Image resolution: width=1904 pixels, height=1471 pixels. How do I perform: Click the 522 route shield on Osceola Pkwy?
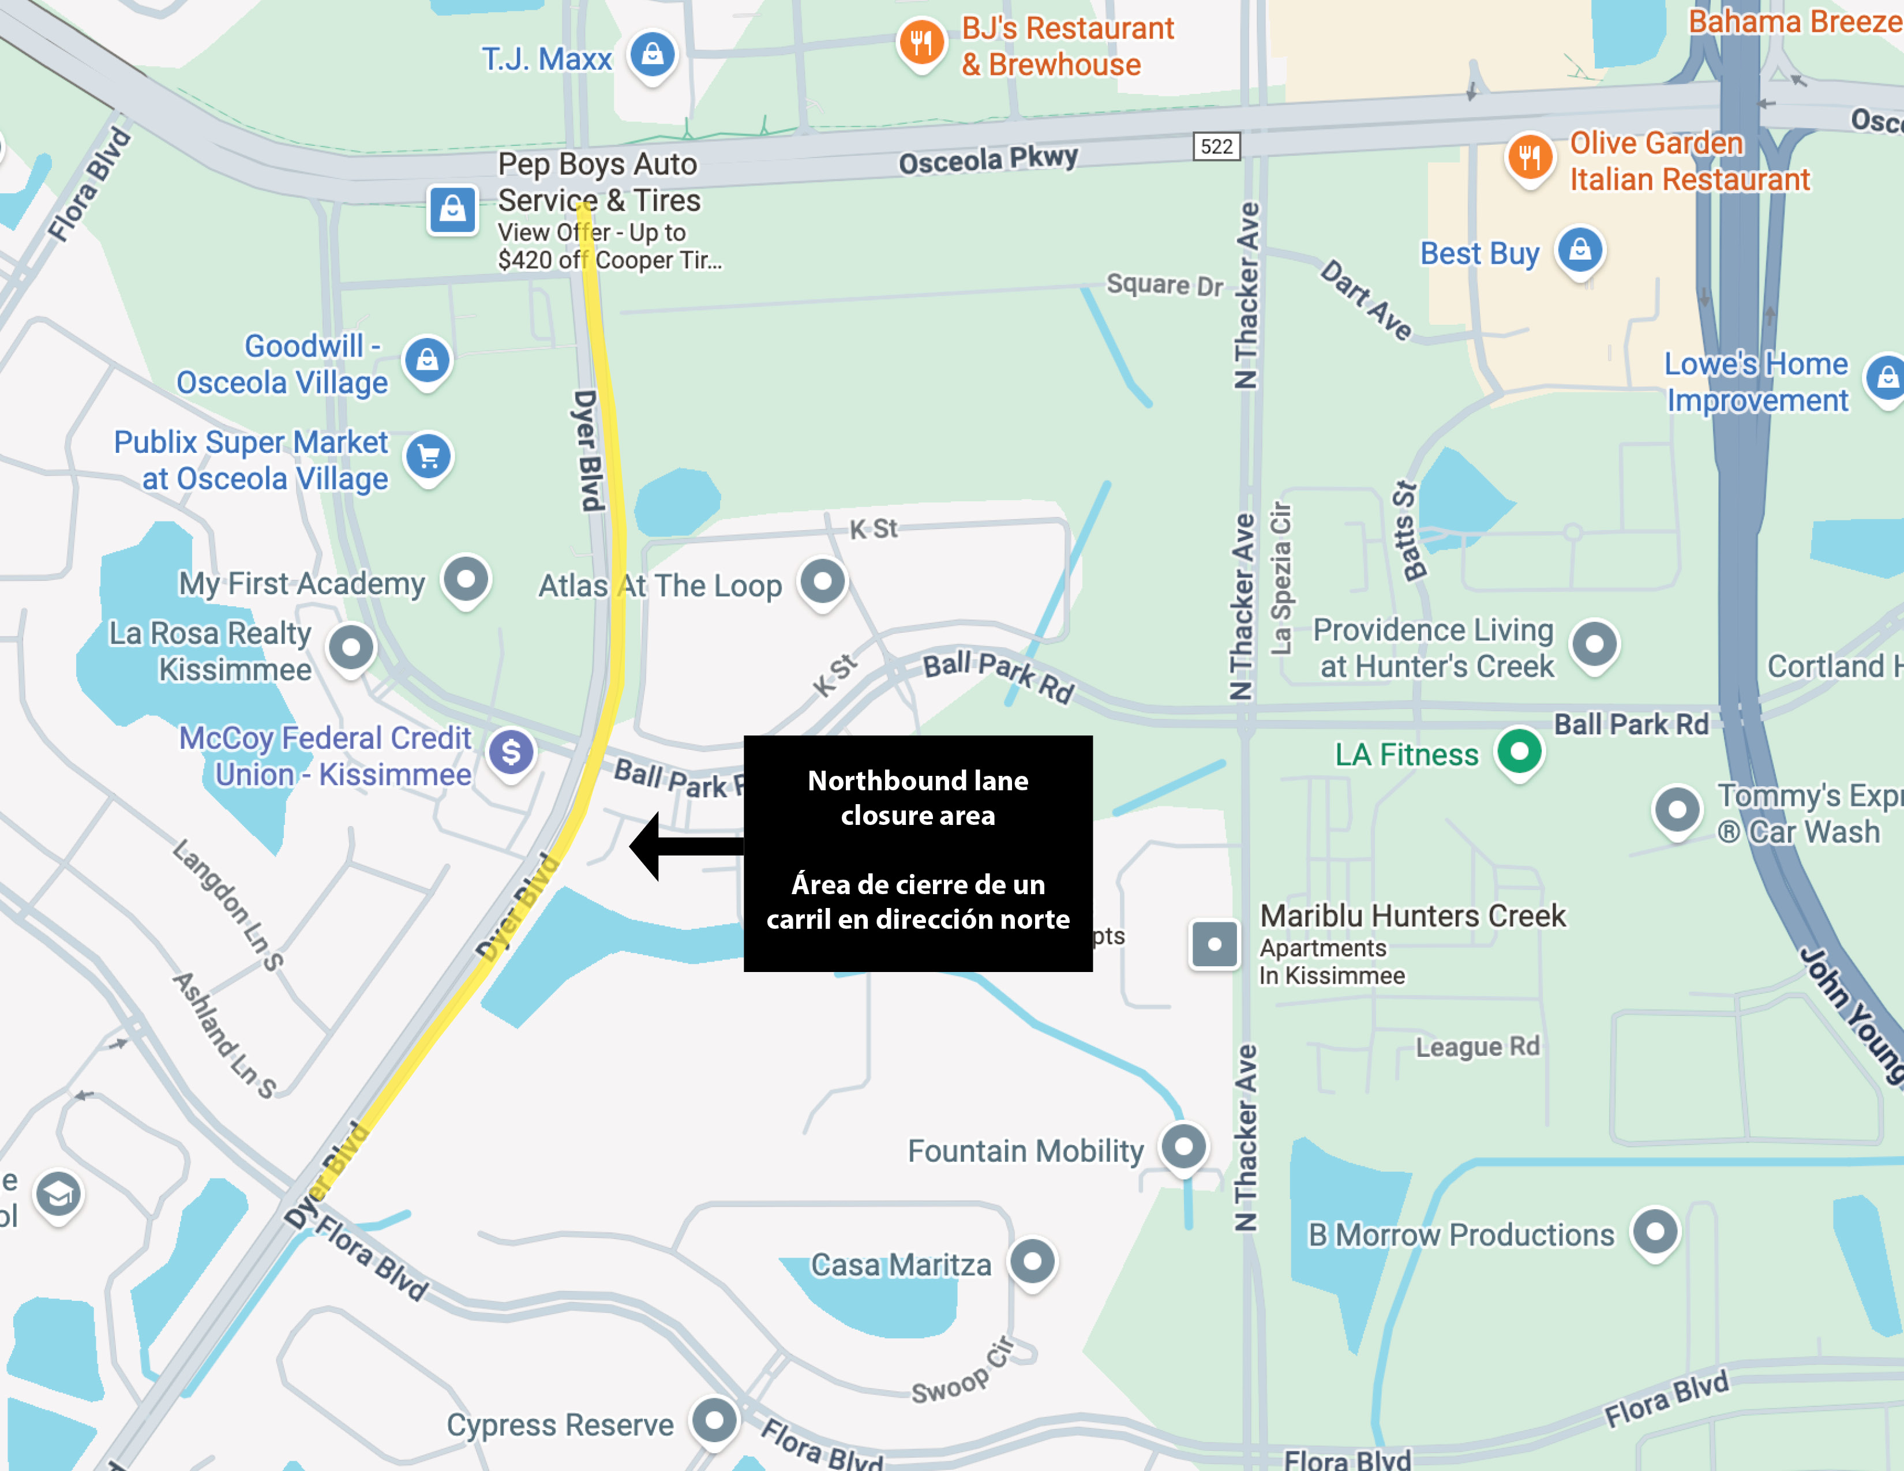click(x=1216, y=145)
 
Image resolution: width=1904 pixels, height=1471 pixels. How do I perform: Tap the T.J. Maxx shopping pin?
click(x=652, y=54)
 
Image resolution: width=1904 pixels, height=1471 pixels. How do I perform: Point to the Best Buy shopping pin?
click(x=1580, y=251)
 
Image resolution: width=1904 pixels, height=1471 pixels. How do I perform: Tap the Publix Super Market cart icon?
click(x=428, y=456)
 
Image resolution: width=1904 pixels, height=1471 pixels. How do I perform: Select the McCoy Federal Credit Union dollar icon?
click(x=511, y=752)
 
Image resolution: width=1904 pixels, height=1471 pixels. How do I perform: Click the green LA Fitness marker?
click(x=1520, y=751)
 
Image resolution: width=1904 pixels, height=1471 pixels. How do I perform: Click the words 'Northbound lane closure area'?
click(x=917, y=797)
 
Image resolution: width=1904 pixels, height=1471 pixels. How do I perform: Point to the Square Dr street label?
click(x=1165, y=284)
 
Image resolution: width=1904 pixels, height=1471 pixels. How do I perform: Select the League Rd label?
click(x=1477, y=1046)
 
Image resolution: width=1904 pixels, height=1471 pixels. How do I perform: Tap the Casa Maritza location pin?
click(x=1033, y=1261)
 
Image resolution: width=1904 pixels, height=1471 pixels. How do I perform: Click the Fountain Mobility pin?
click(x=1183, y=1146)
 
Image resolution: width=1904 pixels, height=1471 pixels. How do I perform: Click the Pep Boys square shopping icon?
click(x=452, y=209)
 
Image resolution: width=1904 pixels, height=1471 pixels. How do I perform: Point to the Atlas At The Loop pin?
click(x=823, y=580)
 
